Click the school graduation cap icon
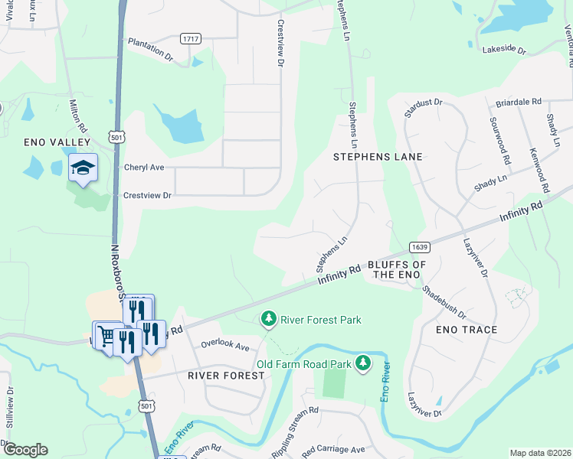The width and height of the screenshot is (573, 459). [x=83, y=167]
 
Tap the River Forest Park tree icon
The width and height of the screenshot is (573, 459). [x=268, y=317]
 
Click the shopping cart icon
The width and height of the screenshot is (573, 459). [x=106, y=335]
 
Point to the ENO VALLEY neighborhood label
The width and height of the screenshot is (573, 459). [x=57, y=142]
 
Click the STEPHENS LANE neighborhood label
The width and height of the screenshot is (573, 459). [x=378, y=156]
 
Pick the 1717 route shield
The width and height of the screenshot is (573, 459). [x=191, y=38]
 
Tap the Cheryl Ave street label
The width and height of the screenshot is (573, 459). [x=144, y=167]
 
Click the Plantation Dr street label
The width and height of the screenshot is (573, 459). [x=150, y=49]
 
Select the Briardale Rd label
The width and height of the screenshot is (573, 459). [x=518, y=102]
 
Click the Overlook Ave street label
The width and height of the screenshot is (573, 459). [x=225, y=346]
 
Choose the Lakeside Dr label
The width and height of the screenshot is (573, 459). [x=504, y=50]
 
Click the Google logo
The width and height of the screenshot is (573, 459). [x=25, y=450]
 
